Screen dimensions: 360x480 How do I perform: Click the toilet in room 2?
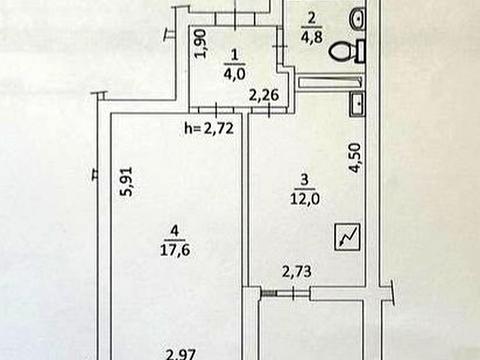click(x=344, y=50)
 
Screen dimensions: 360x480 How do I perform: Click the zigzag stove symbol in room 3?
click(x=346, y=239)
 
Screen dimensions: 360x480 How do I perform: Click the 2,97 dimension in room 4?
click(x=181, y=351)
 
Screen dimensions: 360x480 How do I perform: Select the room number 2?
click(x=310, y=19)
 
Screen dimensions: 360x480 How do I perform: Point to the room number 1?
click(x=235, y=53)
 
